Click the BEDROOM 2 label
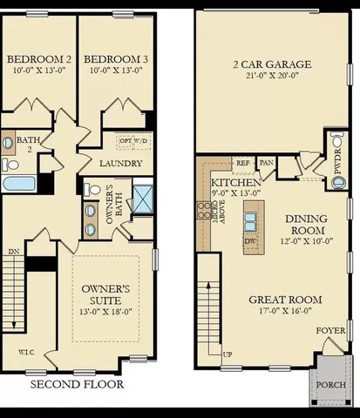[38, 59]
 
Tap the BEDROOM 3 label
[116, 59]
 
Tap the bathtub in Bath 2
[18, 184]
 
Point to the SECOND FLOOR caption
[77, 384]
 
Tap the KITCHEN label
[235, 183]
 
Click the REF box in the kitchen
[244, 162]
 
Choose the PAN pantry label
[267, 162]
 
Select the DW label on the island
[252, 241]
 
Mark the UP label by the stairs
[228, 355]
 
